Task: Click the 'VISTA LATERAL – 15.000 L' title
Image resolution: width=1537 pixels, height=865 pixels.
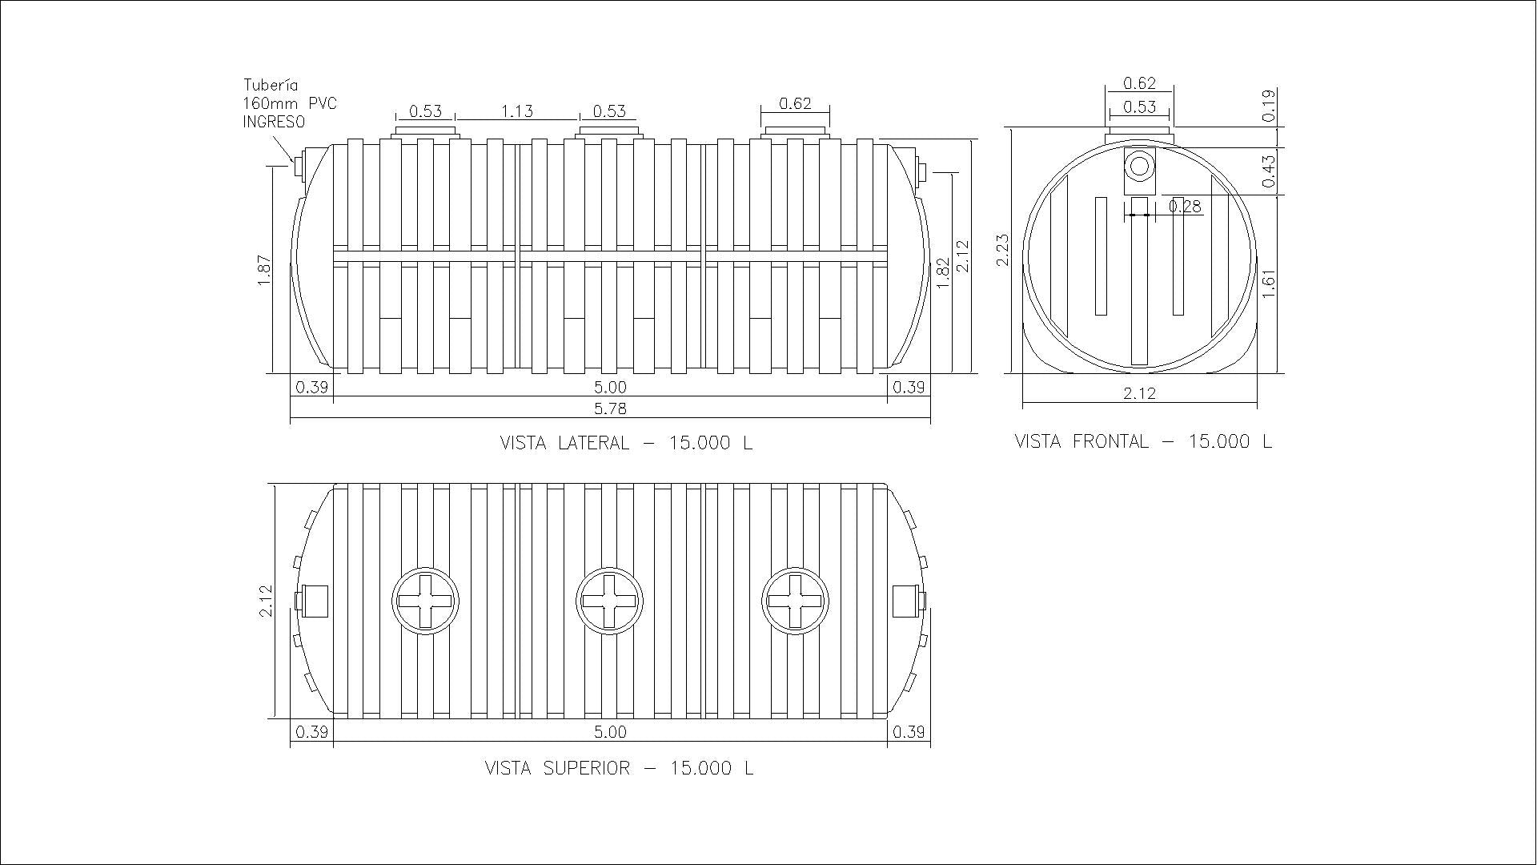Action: point(626,443)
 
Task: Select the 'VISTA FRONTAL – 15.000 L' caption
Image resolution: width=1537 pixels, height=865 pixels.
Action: point(1143,441)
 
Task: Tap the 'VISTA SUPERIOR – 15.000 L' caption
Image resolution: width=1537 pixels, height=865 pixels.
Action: point(619,768)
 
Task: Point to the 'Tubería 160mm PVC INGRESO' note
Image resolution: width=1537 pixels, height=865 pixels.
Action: point(290,103)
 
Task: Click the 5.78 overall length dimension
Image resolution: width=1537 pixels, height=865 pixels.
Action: point(610,408)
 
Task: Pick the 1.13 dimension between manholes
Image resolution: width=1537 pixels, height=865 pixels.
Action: point(517,111)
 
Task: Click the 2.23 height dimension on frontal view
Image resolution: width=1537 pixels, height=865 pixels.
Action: point(1003,251)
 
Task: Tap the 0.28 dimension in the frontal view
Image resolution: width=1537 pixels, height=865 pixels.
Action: point(1185,207)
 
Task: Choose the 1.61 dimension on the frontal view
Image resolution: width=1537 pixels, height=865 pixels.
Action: point(1268,284)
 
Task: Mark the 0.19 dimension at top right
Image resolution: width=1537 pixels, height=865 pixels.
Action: point(1269,106)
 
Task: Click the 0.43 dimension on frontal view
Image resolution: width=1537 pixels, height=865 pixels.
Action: point(1269,171)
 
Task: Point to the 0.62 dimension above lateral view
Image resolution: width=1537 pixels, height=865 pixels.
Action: point(795,103)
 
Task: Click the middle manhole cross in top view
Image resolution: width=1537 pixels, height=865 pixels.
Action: point(609,601)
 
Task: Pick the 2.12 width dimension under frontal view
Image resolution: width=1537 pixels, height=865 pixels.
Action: point(1140,393)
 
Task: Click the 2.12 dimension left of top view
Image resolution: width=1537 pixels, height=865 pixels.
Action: point(267,601)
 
